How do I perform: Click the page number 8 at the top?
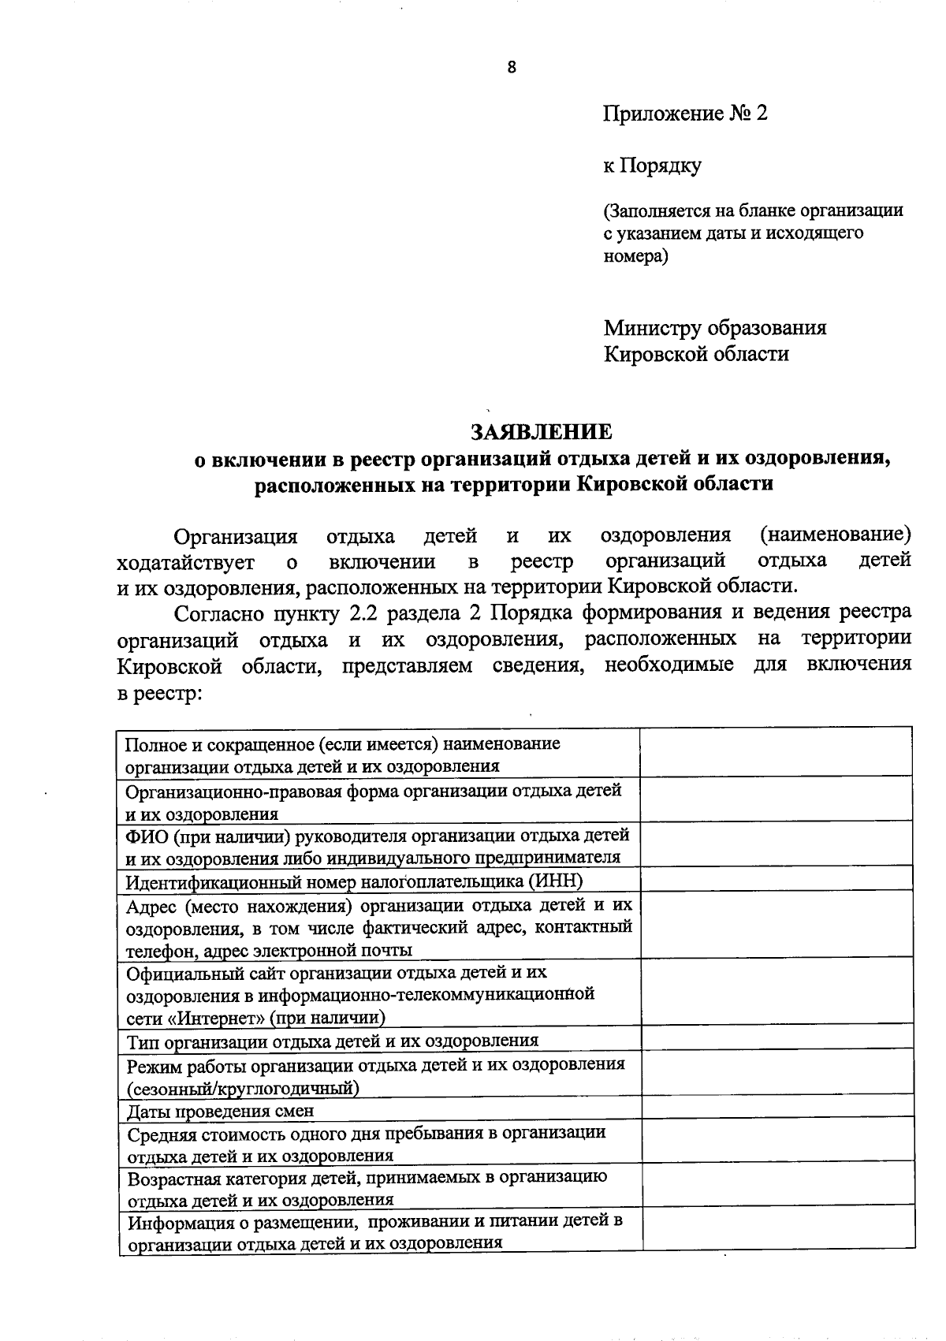click(512, 68)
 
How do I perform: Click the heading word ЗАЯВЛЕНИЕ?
click(541, 432)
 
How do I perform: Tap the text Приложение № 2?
click(685, 114)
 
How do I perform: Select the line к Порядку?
click(652, 166)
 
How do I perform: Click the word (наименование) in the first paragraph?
click(836, 536)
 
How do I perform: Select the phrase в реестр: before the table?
click(160, 693)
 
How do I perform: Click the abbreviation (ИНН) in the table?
click(555, 881)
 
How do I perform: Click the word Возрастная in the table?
click(176, 1178)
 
